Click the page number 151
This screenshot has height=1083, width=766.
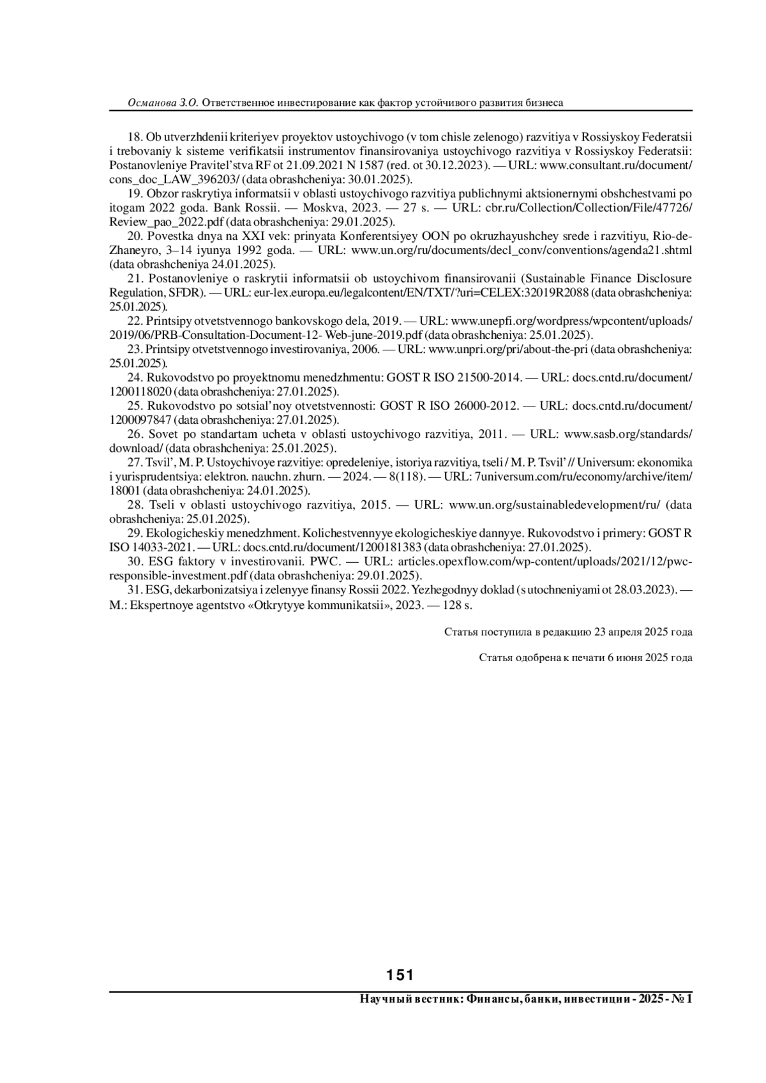click(x=400, y=975)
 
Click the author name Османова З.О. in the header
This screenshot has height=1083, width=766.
click(x=164, y=102)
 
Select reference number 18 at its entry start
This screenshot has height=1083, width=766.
click(x=135, y=137)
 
